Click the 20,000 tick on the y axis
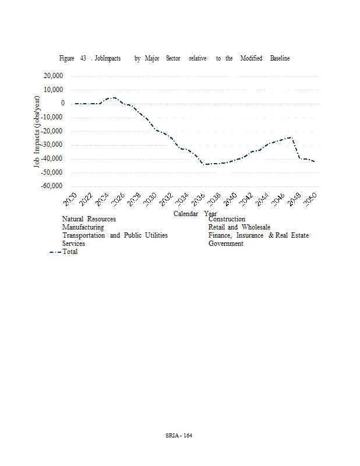click(x=54, y=76)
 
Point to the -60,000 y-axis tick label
click(x=52, y=186)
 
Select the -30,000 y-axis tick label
click(x=52, y=145)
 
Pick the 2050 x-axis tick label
click(x=310, y=200)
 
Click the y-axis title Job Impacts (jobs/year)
click(x=37, y=132)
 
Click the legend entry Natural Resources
click(x=89, y=219)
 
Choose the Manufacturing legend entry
click(x=83, y=227)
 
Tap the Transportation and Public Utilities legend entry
click(x=115, y=235)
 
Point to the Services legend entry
click(x=73, y=243)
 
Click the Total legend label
click(x=70, y=252)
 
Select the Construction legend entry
click(x=227, y=219)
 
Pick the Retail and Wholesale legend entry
click(x=239, y=227)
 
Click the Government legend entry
click(x=225, y=243)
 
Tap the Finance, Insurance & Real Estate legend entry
click(x=258, y=235)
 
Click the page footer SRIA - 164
click(x=179, y=435)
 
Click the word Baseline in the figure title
click(x=280, y=58)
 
